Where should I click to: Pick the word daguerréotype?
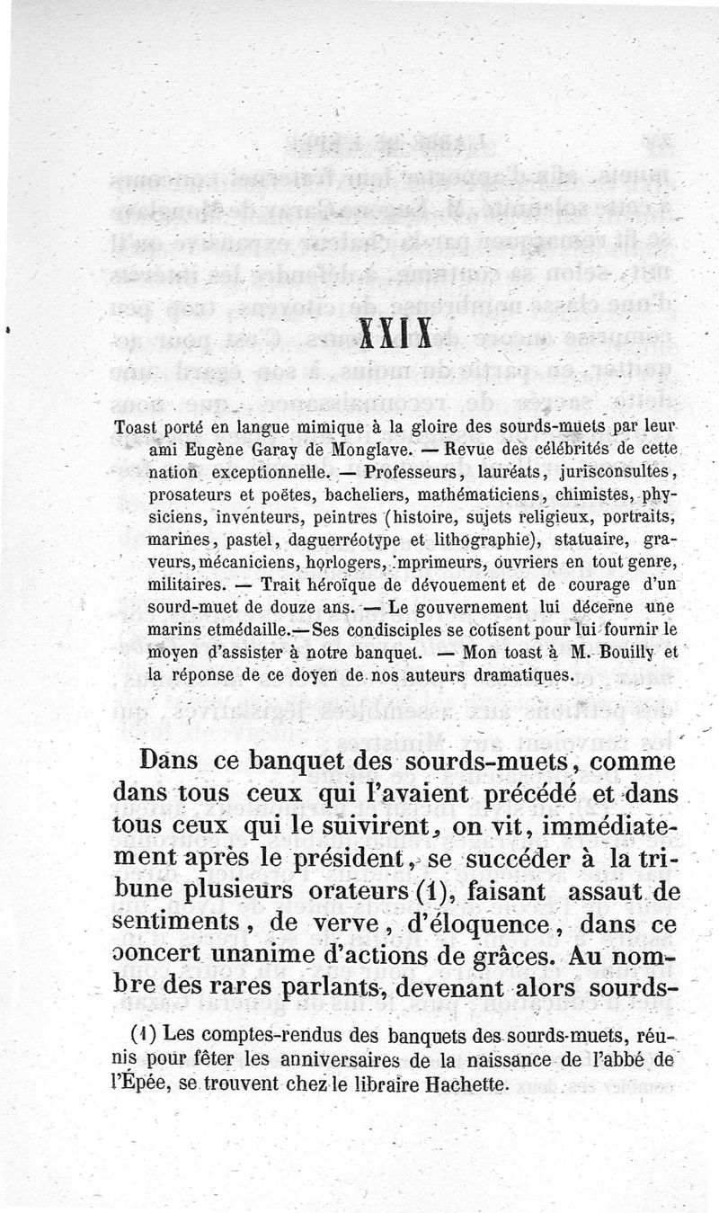(x=342, y=540)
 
